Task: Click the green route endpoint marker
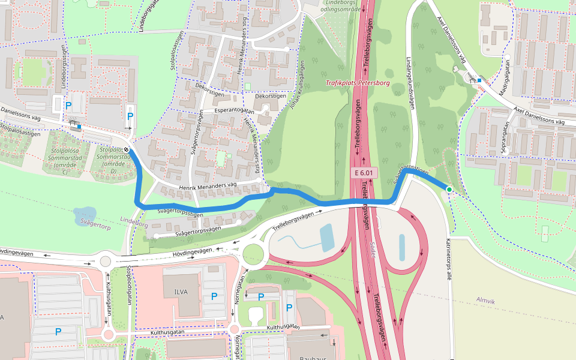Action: pos(449,190)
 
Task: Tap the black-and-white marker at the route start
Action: pos(127,150)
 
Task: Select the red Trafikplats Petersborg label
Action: pos(358,83)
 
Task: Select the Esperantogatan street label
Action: pos(235,112)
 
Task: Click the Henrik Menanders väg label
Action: pos(208,188)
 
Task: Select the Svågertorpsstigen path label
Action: pos(178,212)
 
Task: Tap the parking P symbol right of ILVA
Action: pos(214,296)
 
